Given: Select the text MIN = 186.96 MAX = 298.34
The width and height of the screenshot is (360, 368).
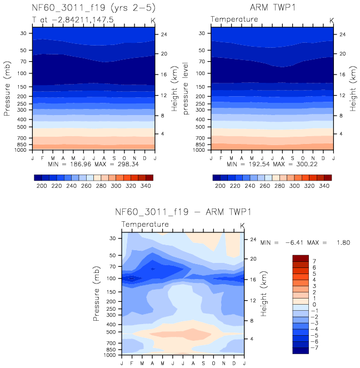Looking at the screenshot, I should click(93, 165).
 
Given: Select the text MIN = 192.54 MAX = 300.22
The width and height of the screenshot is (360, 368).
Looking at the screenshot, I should click(272, 165).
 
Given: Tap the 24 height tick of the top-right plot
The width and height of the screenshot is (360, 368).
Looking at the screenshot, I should click(342, 34).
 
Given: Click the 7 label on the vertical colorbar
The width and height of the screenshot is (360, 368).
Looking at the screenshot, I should click(314, 261).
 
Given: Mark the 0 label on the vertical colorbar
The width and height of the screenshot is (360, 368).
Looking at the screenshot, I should click(314, 305).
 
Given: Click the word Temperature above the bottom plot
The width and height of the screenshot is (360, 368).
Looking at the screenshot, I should click(145, 225).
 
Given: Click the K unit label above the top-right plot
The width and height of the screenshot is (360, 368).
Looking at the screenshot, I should click(332, 20).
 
